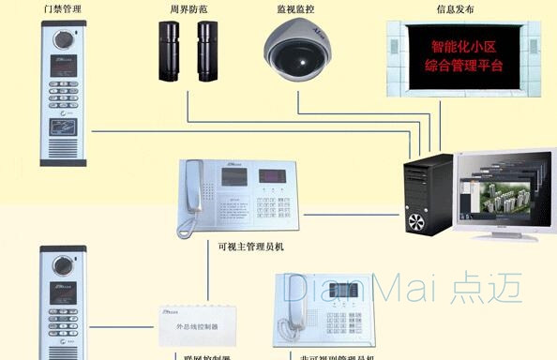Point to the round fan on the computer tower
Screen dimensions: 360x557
(x=416, y=221)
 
